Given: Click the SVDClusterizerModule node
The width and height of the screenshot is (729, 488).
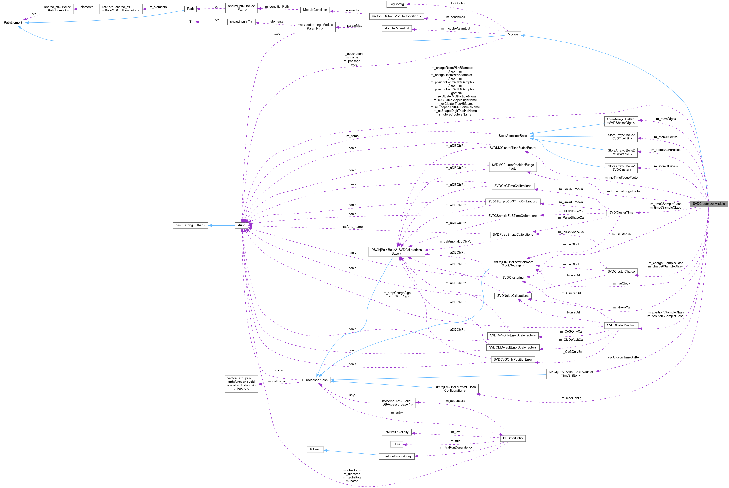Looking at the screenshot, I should (708, 204).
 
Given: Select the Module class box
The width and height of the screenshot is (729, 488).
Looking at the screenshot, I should (513, 34).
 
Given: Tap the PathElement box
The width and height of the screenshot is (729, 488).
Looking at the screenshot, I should (13, 23).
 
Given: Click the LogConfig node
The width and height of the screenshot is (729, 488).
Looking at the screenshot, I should (396, 4).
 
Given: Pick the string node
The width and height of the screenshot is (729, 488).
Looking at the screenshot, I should (241, 225).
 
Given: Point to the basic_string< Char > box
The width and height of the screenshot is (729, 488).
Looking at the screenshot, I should (190, 225).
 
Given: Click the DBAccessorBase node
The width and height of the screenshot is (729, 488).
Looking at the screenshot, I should (315, 380).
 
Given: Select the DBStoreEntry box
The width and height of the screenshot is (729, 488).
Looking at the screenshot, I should (513, 438).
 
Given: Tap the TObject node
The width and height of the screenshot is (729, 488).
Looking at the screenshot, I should (315, 449).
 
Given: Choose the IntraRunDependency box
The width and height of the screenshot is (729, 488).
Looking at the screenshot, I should (396, 456).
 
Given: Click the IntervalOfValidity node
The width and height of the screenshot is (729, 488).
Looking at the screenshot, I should (396, 432).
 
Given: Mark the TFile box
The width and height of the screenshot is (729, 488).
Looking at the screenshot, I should (396, 444).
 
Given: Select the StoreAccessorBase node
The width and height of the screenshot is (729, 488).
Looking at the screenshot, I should (513, 136).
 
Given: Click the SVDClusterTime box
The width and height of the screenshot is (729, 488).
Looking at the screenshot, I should (621, 212).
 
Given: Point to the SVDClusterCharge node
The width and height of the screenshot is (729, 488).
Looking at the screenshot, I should (621, 271).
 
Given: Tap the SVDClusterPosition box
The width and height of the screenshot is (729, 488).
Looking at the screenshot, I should (621, 325).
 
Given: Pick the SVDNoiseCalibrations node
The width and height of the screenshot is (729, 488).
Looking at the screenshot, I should (513, 296).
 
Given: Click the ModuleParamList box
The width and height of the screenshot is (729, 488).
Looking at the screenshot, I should (396, 28).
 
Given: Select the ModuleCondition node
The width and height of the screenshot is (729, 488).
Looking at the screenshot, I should (315, 10).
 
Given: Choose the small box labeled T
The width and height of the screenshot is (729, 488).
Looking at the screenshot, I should (190, 22).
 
